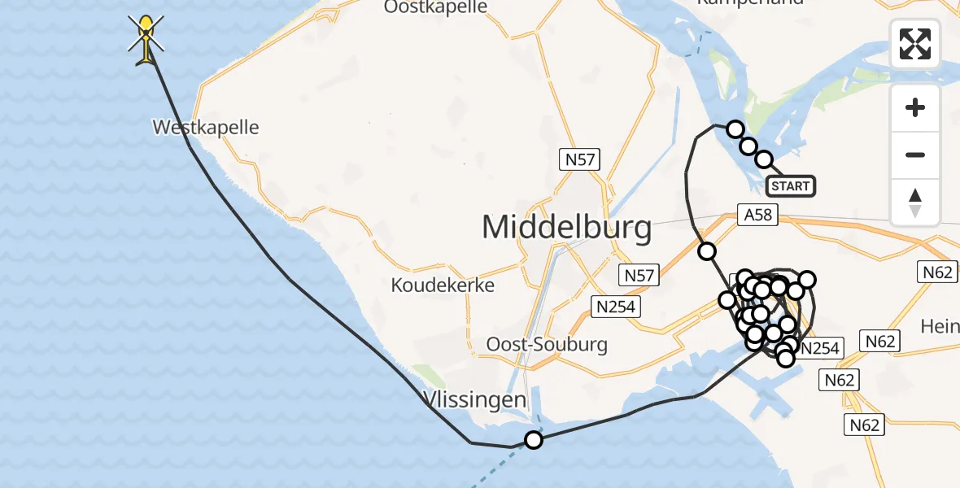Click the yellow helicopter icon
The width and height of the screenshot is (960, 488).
[146, 38]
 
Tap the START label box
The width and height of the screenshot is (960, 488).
[791, 186]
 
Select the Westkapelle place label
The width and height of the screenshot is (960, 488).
[206, 128]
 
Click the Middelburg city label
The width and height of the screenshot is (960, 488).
[567, 227]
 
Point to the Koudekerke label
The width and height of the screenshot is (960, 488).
[443, 285]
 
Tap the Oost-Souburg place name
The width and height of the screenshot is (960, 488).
[547, 344]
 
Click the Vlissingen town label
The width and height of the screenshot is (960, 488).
[475, 399]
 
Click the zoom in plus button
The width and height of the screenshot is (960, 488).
[915, 107]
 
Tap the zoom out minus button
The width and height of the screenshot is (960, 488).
[915, 155]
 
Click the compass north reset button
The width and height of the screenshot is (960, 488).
[915, 202]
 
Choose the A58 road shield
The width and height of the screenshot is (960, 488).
[757, 215]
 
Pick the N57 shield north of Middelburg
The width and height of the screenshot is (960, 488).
[580, 159]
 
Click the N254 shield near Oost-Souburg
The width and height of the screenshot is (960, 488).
[616, 306]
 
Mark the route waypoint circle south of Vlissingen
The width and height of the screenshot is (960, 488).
[533, 440]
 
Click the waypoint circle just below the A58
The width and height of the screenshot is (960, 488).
[707, 251]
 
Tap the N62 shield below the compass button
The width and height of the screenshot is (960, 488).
[936, 272]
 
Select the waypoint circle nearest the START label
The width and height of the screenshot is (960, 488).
[763, 159]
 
